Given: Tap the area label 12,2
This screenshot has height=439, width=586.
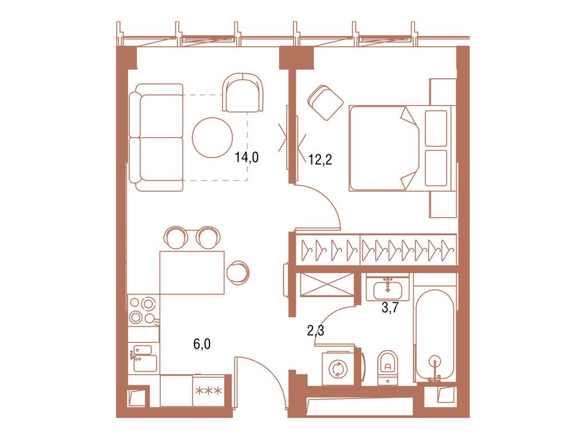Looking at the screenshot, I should click(320, 159).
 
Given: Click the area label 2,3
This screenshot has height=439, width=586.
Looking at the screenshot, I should click(315, 330).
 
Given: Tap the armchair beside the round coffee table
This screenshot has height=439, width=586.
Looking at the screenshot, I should click(244, 93).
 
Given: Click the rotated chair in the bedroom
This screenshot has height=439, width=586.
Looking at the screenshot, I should click(325, 103).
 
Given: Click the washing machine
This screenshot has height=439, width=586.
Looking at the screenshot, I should click(336, 368).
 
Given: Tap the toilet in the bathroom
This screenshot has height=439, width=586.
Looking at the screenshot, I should click(387, 366).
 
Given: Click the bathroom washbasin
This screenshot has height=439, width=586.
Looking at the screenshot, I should click(388, 288).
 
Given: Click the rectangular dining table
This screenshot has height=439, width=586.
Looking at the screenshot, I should click(192, 272).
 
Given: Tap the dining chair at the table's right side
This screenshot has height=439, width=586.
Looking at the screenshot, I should click(237, 272).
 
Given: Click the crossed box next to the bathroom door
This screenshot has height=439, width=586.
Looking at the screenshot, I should click(327, 284).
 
